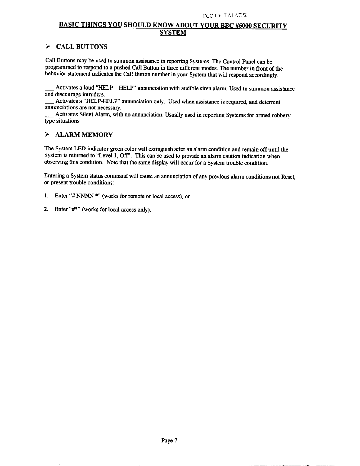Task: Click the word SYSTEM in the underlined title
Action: click(x=173, y=32)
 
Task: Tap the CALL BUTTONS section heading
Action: click(x=81, y=47)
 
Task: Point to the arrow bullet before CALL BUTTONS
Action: click(x=47, y=47)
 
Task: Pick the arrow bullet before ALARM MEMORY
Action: click(x=47, y=135)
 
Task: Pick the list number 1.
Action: click(x=46, y=196)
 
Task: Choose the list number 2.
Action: click(x=46, y=209)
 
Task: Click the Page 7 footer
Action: click(x=170, y=440)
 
